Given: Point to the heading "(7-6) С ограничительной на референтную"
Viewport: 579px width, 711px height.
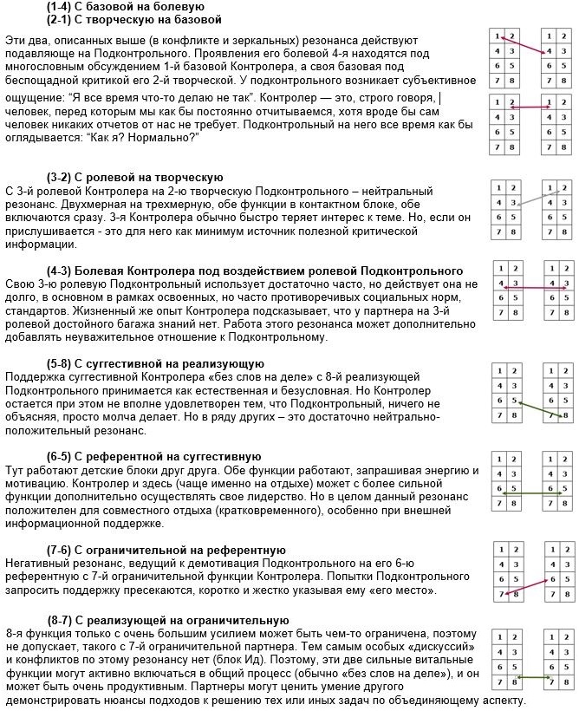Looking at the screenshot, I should point(166,550).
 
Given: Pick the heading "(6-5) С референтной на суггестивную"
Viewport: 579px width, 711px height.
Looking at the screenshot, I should point(153,456).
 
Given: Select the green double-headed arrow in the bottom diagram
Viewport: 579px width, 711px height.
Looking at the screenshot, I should point(534,681).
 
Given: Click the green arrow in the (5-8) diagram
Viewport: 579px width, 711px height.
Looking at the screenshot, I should point(537,408).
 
